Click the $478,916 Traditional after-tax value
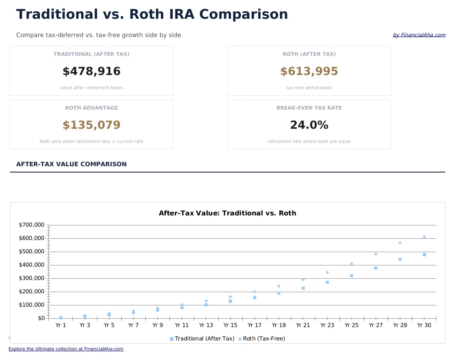pyautogui.click(x=91, y=72)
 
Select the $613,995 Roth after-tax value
pyautogui.click(x=309, y=72)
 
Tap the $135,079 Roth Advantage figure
pyautogui.click(x=91, y=125)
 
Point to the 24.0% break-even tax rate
pyautogui.click(x=309, y=125)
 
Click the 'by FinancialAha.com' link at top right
pyautogui.click(x=419, y=35)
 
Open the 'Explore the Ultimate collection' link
pyautogui.click(x=66, y=349)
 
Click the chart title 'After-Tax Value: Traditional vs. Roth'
pyautogui.click(x=227, y=213)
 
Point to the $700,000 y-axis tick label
pyautogui.click(x=32, y=225)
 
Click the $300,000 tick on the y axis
pyautogui.click(x=32, y=278)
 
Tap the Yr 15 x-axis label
pyautogui.click(x=230, y=325)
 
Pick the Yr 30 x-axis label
pyautogui.click(x=424, y=325)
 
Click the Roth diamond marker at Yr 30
pyautogui.click(x=424, y=237)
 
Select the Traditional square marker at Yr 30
pyautogui.click(x=424, y=255)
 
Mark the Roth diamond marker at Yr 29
pyautogui.click(x=400, y=242)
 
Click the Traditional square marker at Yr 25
pyautogui.click(x=352, y=276)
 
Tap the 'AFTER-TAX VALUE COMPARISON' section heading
pyautogui.click(x=71, y=165)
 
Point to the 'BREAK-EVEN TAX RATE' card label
pyautogui.click(x=309, y=108)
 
